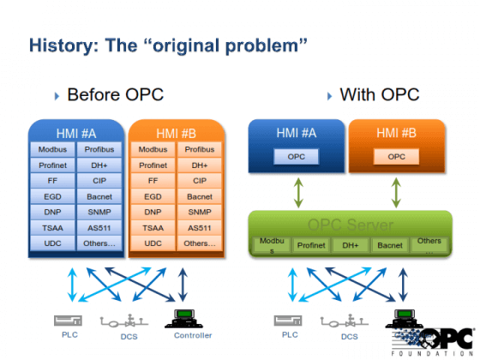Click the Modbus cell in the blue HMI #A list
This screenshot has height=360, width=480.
(x=52, y=150)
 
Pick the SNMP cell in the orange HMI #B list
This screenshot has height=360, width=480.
(x=200, y=212)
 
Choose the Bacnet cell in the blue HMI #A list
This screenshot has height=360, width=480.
(x=100, y=196)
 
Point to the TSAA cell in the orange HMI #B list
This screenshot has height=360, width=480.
(x=153, y=227)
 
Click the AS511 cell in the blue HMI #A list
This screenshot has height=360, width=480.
(x=100, y=227)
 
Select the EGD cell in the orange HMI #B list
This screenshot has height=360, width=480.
(x=153, y=196)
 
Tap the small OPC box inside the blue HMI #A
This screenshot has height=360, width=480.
(x=296, y=157)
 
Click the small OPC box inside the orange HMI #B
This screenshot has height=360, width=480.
(x=396, y=157)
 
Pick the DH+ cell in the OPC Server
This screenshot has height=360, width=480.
(x=351, y=245)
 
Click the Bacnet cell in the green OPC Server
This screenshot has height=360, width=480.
(x=390, y=245)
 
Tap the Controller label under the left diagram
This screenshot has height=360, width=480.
(x=192, y=335)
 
